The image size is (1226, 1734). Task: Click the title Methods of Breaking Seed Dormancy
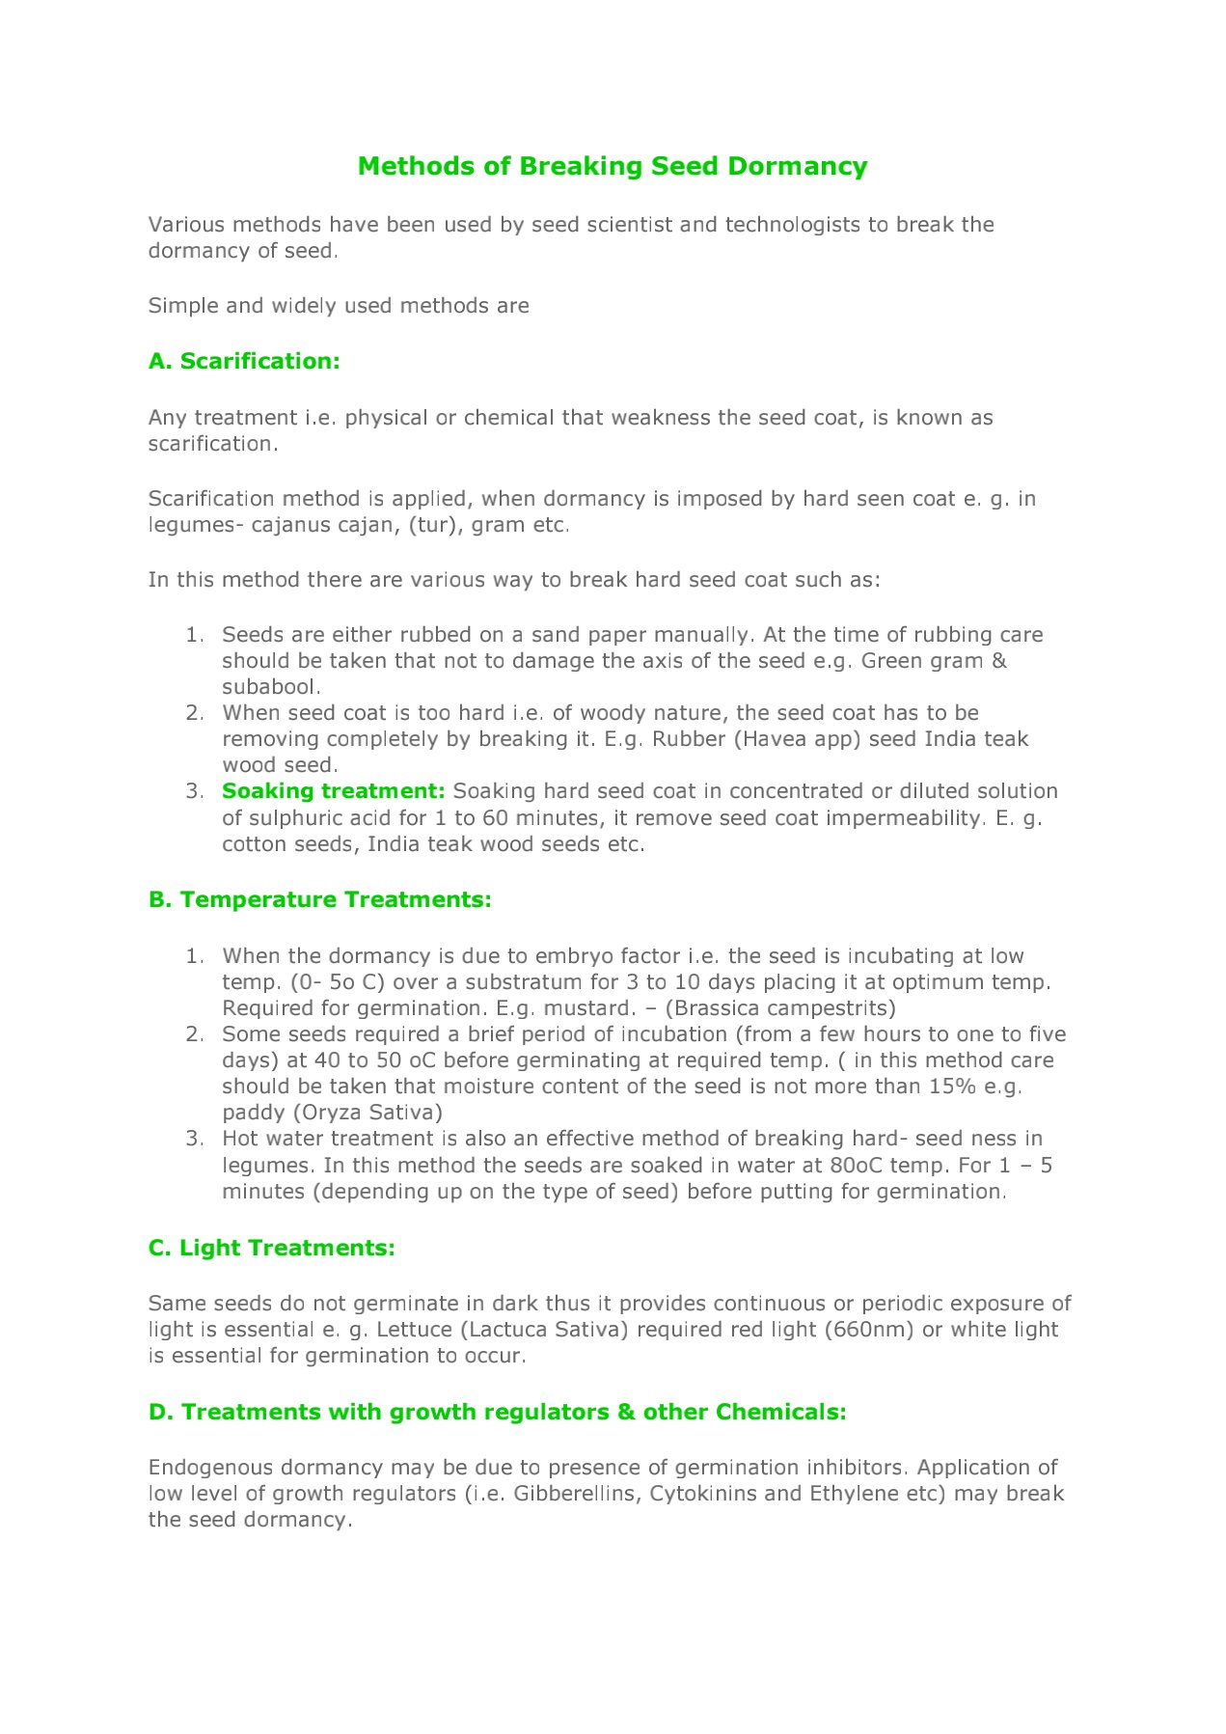coord(613,166)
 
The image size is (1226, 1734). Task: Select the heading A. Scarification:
coord(244,361)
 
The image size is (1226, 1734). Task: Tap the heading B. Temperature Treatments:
coord(320,899)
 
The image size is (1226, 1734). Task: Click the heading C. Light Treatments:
coord(272,1248)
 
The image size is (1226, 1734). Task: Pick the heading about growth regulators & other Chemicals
coord(498,1412)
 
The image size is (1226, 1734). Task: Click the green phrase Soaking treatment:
coord(333,791)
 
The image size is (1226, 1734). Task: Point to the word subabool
coord(269,687)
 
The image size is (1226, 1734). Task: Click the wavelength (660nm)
coord(869,1330)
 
